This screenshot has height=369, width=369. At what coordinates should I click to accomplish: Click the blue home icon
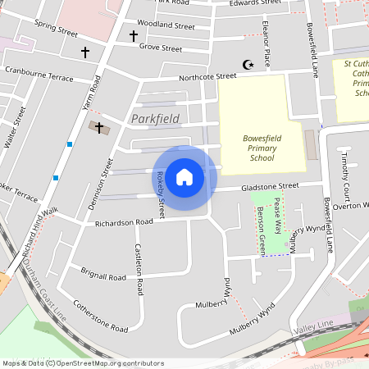[x=184, y=177]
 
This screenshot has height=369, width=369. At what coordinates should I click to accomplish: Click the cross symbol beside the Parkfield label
[x=100, y=128]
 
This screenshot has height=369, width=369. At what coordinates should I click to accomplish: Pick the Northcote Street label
[x=209, y=76]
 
